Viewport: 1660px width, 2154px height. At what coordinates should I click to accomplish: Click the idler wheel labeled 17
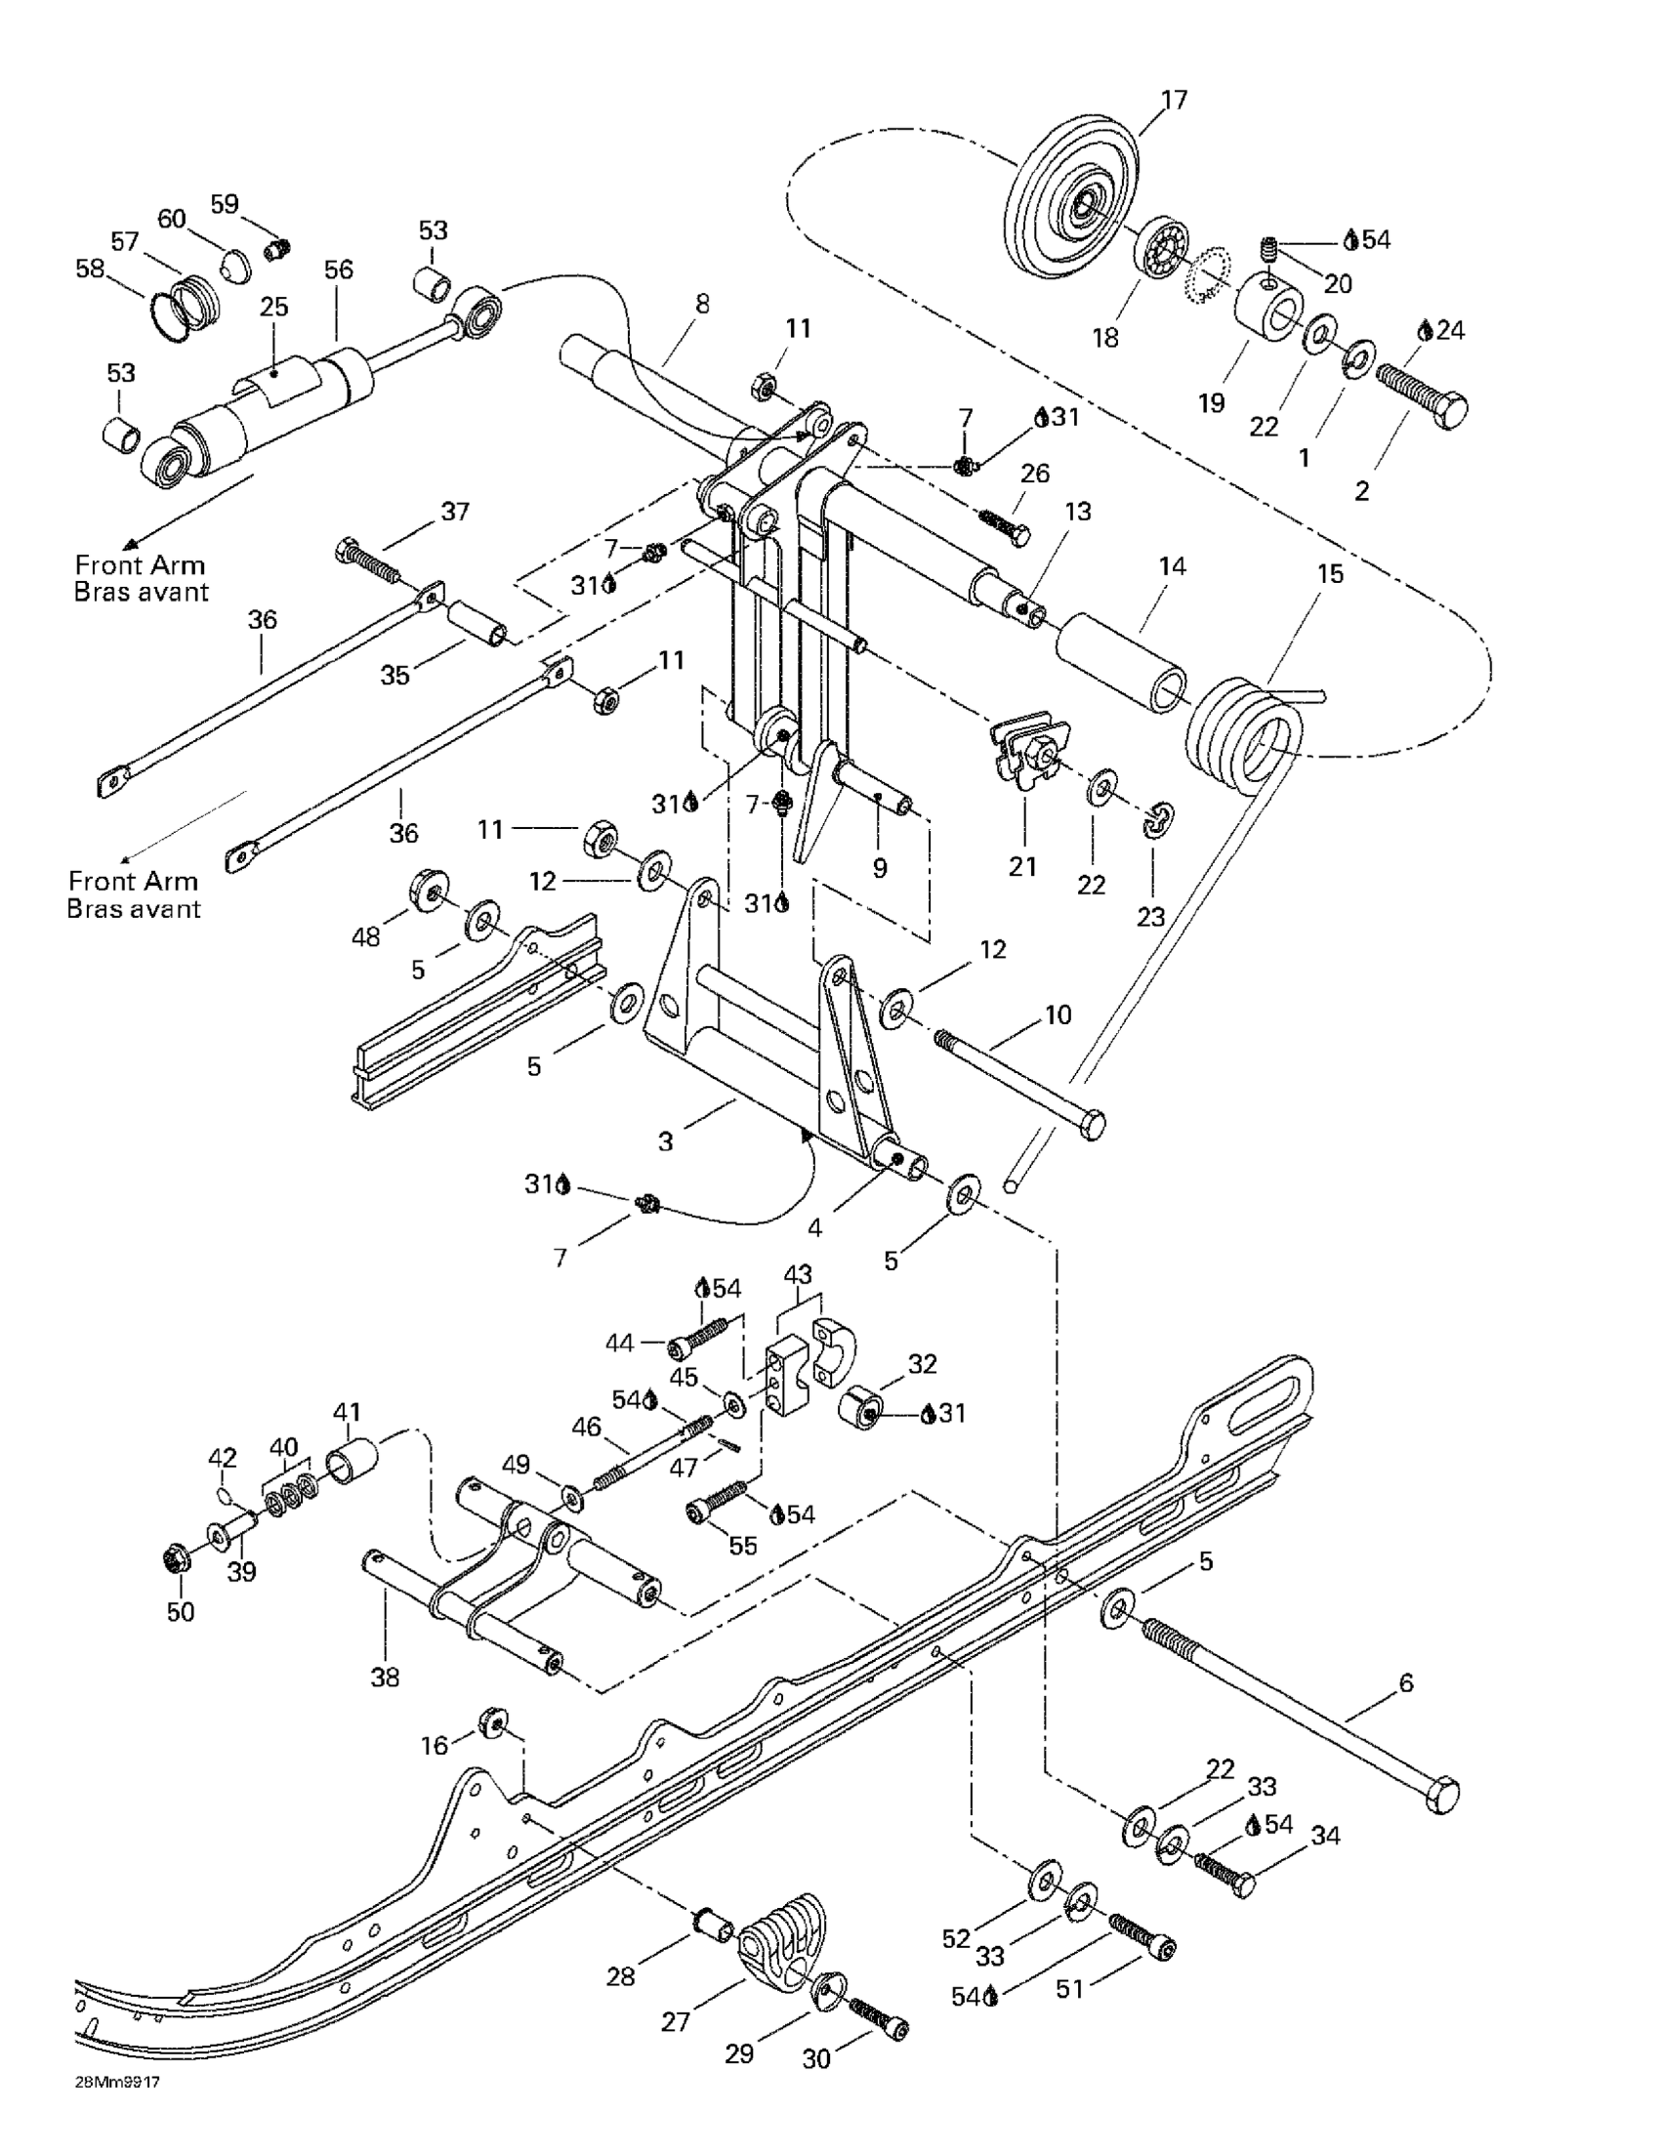[x=1080, y=208]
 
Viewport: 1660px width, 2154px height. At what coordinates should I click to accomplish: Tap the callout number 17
[x=1174, y=100]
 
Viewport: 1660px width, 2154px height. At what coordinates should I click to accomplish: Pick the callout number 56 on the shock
[x=338, y=269]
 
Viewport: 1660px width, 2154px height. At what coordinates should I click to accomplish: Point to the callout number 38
[x=385, y=1677]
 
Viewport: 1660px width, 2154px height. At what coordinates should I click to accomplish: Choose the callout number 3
[x=666, y=1141]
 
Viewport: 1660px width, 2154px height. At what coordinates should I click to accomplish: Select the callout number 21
[x=1022, y=866]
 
